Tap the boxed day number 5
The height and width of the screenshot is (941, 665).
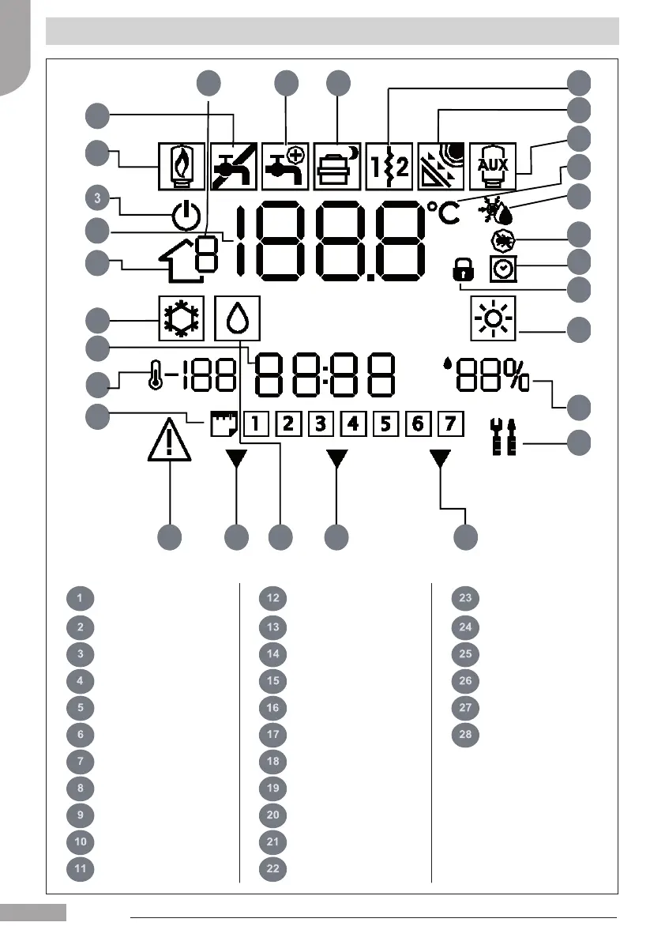pyautogui.click(x=385, y=424)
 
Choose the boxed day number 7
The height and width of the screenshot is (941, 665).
pyautogui.click(x=449, y=424)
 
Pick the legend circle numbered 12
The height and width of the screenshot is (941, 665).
pyautogui.click(x=272, y=598)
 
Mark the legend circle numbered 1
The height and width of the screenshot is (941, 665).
pyautogui.click(x=81, y=598)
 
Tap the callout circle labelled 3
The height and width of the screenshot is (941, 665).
pyautogui.click(x=96, y=195)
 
